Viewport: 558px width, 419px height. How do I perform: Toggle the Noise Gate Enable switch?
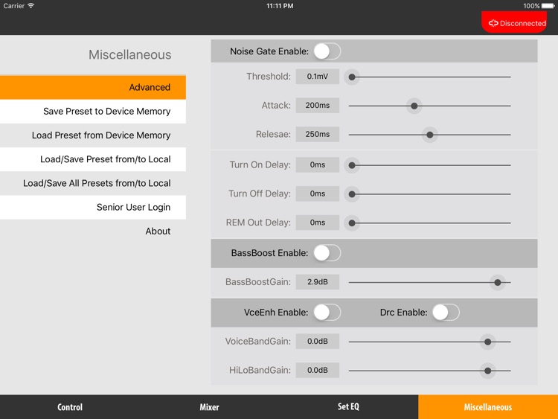327,51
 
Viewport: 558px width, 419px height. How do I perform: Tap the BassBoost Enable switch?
327,253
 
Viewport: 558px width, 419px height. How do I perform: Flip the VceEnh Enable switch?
327,313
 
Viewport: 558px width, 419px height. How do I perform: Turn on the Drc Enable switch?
446,313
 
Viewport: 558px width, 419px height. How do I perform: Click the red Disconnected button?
514,23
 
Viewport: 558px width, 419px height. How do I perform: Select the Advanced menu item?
93,87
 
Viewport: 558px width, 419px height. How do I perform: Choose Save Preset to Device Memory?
93,111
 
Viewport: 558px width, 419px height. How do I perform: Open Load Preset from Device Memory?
93,135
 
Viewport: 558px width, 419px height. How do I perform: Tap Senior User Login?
93,207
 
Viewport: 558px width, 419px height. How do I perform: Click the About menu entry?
158,231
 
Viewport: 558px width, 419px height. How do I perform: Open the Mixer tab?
209,407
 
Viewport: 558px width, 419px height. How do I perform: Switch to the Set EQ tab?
348,407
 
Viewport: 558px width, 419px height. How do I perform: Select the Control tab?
70,407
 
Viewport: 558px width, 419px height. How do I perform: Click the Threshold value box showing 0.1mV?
317,77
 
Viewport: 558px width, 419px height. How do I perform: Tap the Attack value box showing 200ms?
317,106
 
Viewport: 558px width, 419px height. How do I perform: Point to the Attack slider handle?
414,106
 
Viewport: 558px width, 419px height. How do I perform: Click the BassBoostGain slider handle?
498,282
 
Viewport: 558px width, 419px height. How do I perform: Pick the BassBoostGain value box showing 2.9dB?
317,282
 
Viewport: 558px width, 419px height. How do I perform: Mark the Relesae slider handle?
429,135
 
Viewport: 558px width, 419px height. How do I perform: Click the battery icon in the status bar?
549,6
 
